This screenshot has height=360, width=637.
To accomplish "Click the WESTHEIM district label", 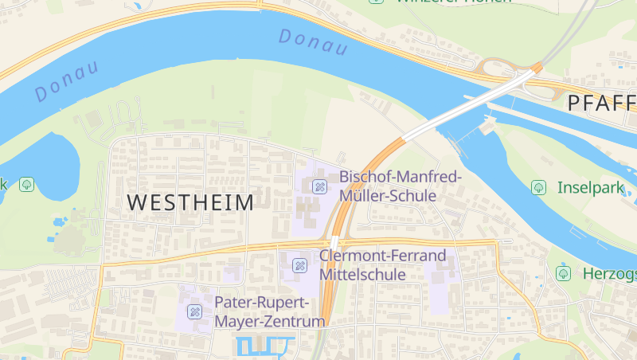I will [190, 202].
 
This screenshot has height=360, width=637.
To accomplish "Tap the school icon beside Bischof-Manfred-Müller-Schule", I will [320, 187].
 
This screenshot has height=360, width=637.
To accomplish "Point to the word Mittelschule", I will [364, 274].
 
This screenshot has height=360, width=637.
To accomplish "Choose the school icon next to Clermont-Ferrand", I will [300, 265].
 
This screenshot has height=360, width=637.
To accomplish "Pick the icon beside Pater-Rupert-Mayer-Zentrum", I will [194, 311].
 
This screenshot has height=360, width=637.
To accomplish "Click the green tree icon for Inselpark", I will [539, 187].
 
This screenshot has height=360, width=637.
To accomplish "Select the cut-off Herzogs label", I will [609, 273].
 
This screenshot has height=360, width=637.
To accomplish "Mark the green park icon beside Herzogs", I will [564, 273].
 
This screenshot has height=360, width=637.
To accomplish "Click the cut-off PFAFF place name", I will [601, 103].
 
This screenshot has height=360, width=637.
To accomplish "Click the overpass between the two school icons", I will [334, 242].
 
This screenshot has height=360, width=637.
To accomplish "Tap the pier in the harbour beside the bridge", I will [487, 123].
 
